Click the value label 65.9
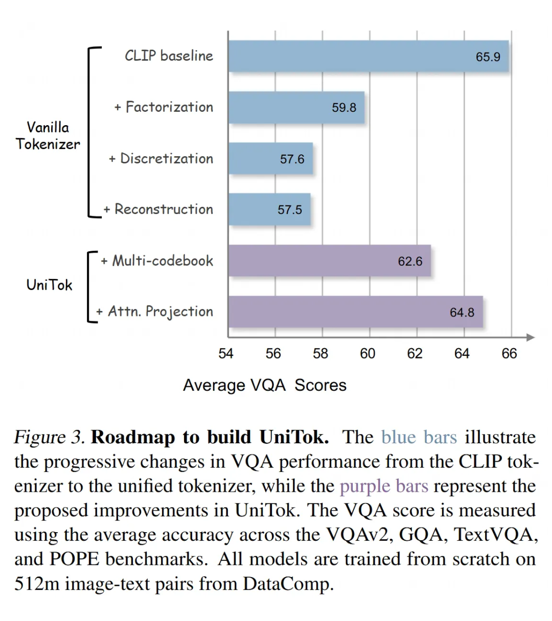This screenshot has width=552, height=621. [488, 57]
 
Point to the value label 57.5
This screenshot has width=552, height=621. [290, 210]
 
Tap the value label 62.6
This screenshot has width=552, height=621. [410, 261]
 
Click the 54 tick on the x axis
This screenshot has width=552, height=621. [225, 353]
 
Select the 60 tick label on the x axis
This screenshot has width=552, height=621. [367, 353]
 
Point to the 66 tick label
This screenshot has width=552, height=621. [509, 353]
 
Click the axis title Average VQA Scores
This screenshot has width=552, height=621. [265, 385]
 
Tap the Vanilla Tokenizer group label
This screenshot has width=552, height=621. [48, 136]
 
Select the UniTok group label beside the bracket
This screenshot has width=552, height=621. [49, 285]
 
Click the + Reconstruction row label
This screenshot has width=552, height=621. [158, 209]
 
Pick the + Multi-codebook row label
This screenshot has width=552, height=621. [157, 261]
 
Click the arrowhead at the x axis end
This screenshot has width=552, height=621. [530, 338]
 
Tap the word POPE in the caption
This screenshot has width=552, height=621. [74, 559]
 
